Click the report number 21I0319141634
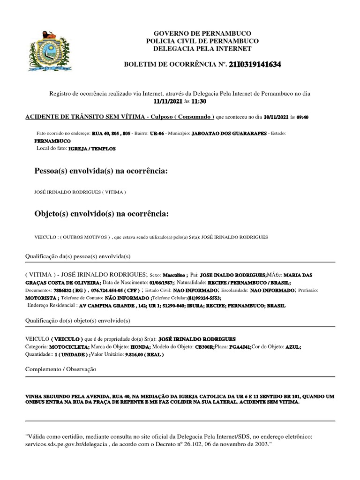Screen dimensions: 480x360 click(255, 65)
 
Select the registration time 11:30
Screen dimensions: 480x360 click(198, 101)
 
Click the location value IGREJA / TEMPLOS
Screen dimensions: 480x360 click(92, 149)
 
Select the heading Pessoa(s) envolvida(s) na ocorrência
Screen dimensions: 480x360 click(101, 172)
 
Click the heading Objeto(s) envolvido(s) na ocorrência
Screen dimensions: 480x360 click(101, 214)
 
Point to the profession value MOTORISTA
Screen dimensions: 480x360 click(41, 298)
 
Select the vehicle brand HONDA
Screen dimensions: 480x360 click(141, 347)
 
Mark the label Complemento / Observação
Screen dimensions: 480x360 click(61, 369)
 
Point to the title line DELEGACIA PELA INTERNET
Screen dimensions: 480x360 click(202, 49)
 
